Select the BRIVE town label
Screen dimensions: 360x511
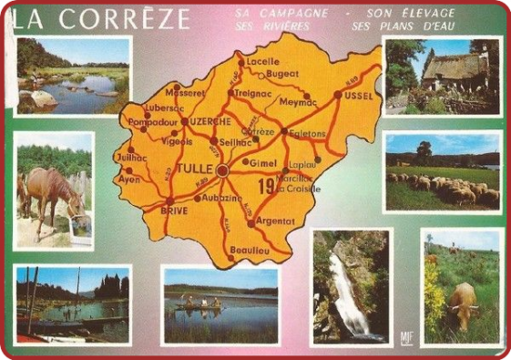click(173, 210)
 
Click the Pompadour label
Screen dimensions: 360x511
click(151, 121)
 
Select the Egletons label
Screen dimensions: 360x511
click(307, 133)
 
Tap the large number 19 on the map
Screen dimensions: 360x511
click(266, 186)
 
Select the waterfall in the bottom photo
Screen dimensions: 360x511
click(348, 291)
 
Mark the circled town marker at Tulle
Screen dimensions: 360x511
click(222, 170)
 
